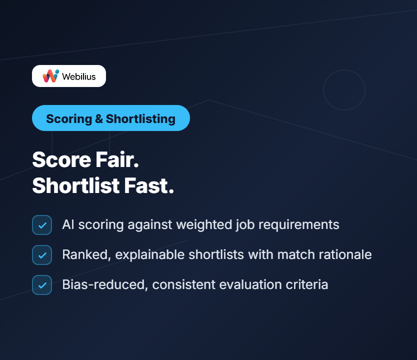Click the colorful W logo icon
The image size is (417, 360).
(x=50, y=76)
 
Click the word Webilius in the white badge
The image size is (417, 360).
(x=78, y=76)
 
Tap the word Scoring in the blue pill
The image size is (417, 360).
(x=69, y=119)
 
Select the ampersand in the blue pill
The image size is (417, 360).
(x=98, y=118)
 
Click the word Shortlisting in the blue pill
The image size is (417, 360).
(x=140, y=119)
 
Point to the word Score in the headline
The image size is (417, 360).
(x=61, y=159)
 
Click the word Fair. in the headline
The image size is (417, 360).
(x=117, y=159)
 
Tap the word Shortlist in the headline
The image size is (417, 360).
(x=76, y=185)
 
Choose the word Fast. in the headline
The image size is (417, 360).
(x=149, y=185)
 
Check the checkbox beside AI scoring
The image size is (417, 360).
(x=42, y=225)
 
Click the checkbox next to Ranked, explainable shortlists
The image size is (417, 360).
(x=42, y=255)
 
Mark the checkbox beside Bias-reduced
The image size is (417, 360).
(x=42, y=285)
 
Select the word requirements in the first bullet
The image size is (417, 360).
(x=298, y=225)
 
